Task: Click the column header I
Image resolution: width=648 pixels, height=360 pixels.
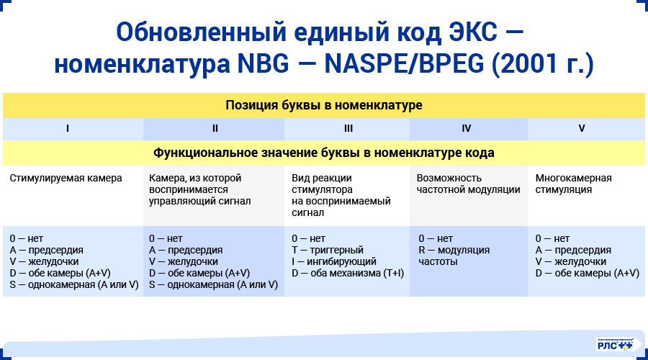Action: click(67, 129)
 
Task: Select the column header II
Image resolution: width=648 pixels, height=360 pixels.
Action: click(215, 129)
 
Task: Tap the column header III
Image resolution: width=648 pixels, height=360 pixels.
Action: click(348, 129)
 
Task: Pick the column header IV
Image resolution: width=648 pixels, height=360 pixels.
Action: click(467, 129)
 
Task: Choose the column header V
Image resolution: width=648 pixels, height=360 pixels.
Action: click(582, 129)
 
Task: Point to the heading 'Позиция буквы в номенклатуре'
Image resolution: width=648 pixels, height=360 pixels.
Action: click(324, 105)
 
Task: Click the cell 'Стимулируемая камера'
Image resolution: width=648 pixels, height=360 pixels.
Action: click(66, 178)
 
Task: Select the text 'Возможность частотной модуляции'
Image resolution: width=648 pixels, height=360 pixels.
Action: click(468, 184)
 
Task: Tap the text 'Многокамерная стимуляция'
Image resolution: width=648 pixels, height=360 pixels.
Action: click(573, 184)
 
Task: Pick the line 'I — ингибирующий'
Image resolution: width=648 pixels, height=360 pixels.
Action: click(333, 262)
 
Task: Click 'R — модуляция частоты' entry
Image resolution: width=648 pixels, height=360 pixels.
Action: click(454, 256)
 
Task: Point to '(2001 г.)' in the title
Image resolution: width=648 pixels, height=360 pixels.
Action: click(542, 65)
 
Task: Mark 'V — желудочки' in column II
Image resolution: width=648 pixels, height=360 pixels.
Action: click(184, 262)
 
